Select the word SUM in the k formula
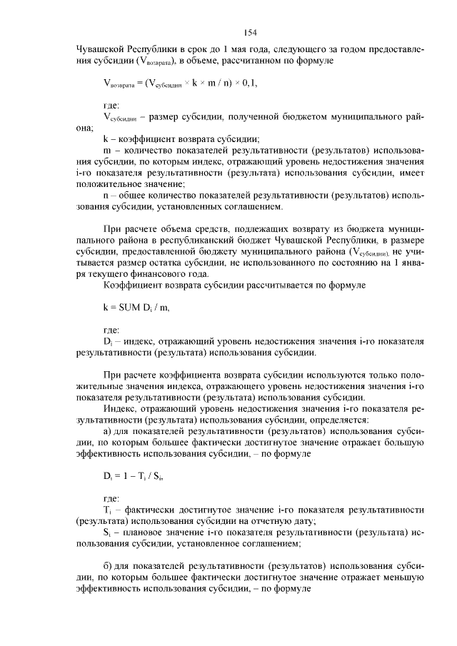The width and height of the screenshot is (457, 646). pyautogui.click(x=127, y=307)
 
